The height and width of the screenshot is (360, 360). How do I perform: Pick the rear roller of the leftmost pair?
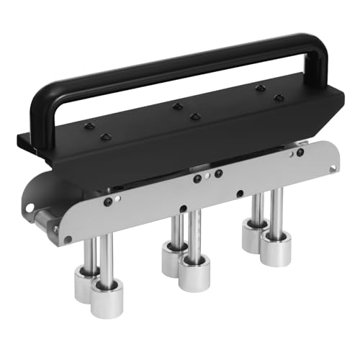click(88, 282)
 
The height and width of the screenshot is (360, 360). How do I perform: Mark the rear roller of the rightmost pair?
click(254, 235)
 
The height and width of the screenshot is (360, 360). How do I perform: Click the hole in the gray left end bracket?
click(30, 207)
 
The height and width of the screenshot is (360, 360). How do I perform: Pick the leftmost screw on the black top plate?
click(88, 126)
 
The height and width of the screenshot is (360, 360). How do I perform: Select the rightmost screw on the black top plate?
click(279, 97)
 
